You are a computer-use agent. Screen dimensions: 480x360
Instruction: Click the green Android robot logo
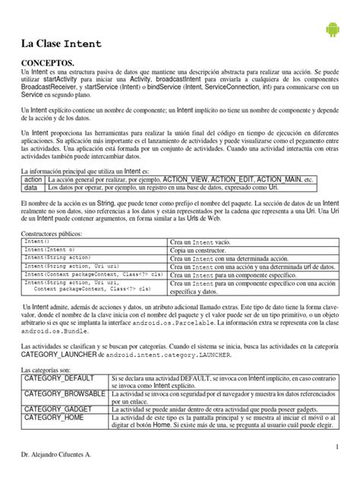point(332,30)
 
